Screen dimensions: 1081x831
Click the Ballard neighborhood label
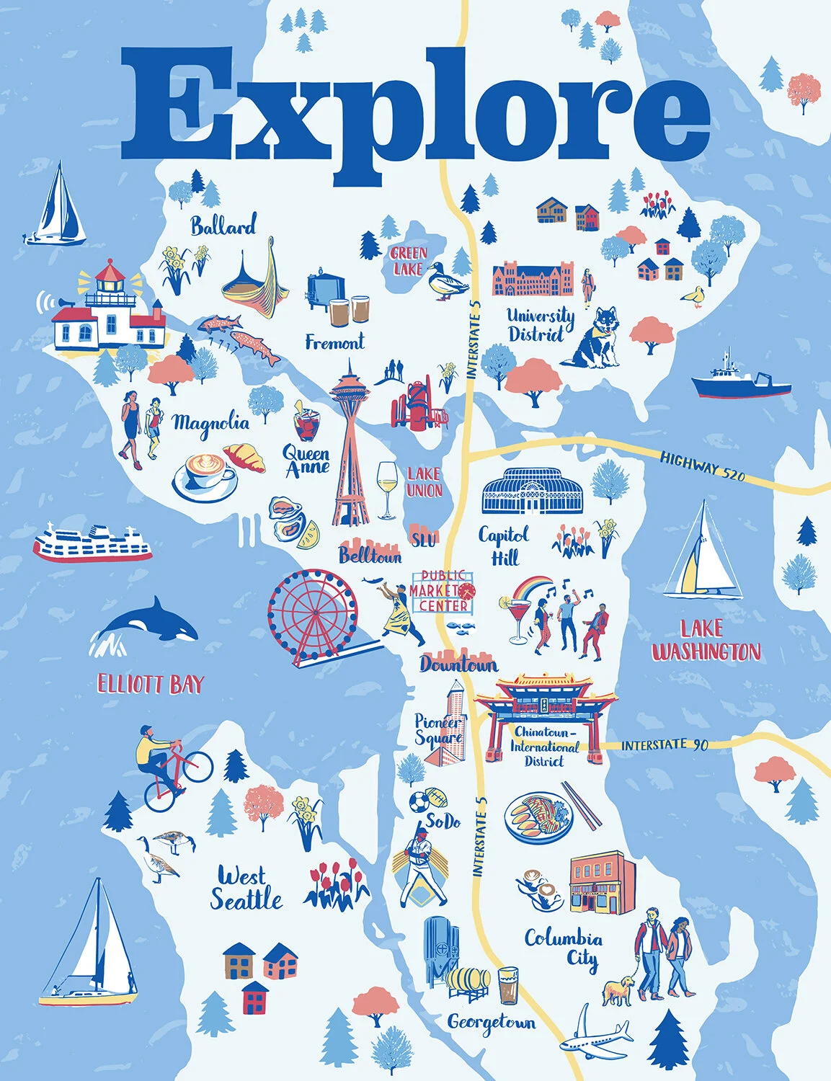point(223,226)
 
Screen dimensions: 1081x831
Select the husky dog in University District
point(595,337)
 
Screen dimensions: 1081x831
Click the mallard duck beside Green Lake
point(441,281)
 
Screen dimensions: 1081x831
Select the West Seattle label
point(245,889)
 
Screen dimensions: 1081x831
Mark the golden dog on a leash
point(617,989)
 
